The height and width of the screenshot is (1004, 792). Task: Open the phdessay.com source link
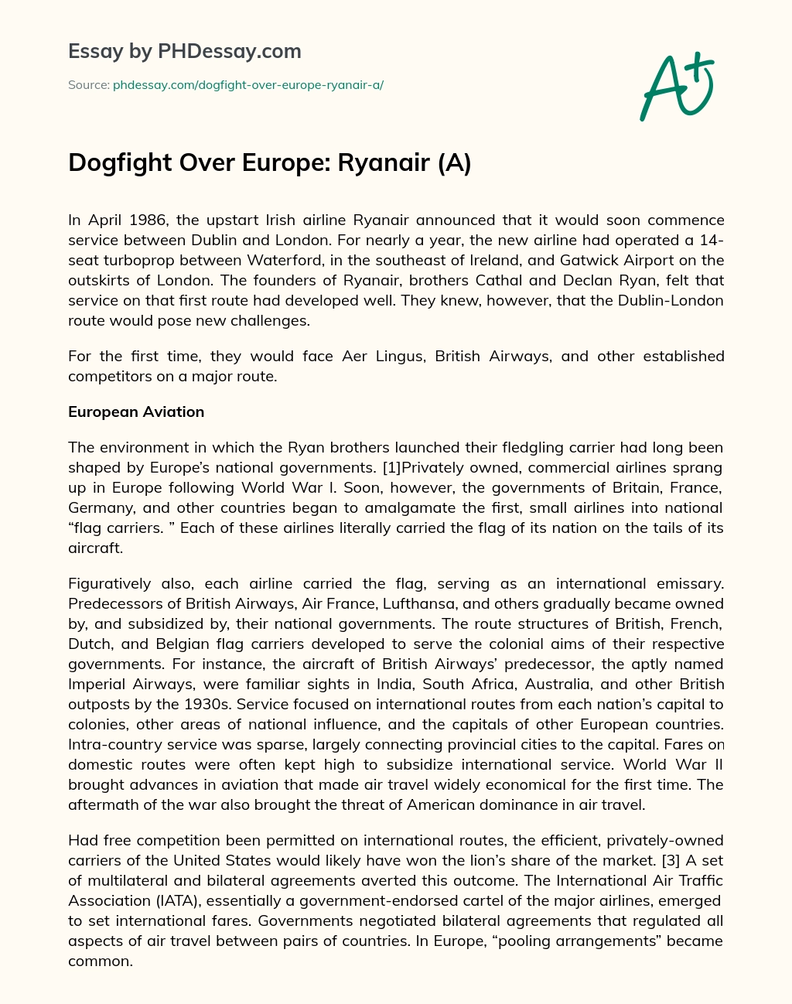pyautogui.click(x=248, y=85)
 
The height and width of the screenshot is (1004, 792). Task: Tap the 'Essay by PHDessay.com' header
pyautogui.click(x=185, y=52)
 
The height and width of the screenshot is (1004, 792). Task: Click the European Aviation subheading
pyautogui.click(x=136, y=412)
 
